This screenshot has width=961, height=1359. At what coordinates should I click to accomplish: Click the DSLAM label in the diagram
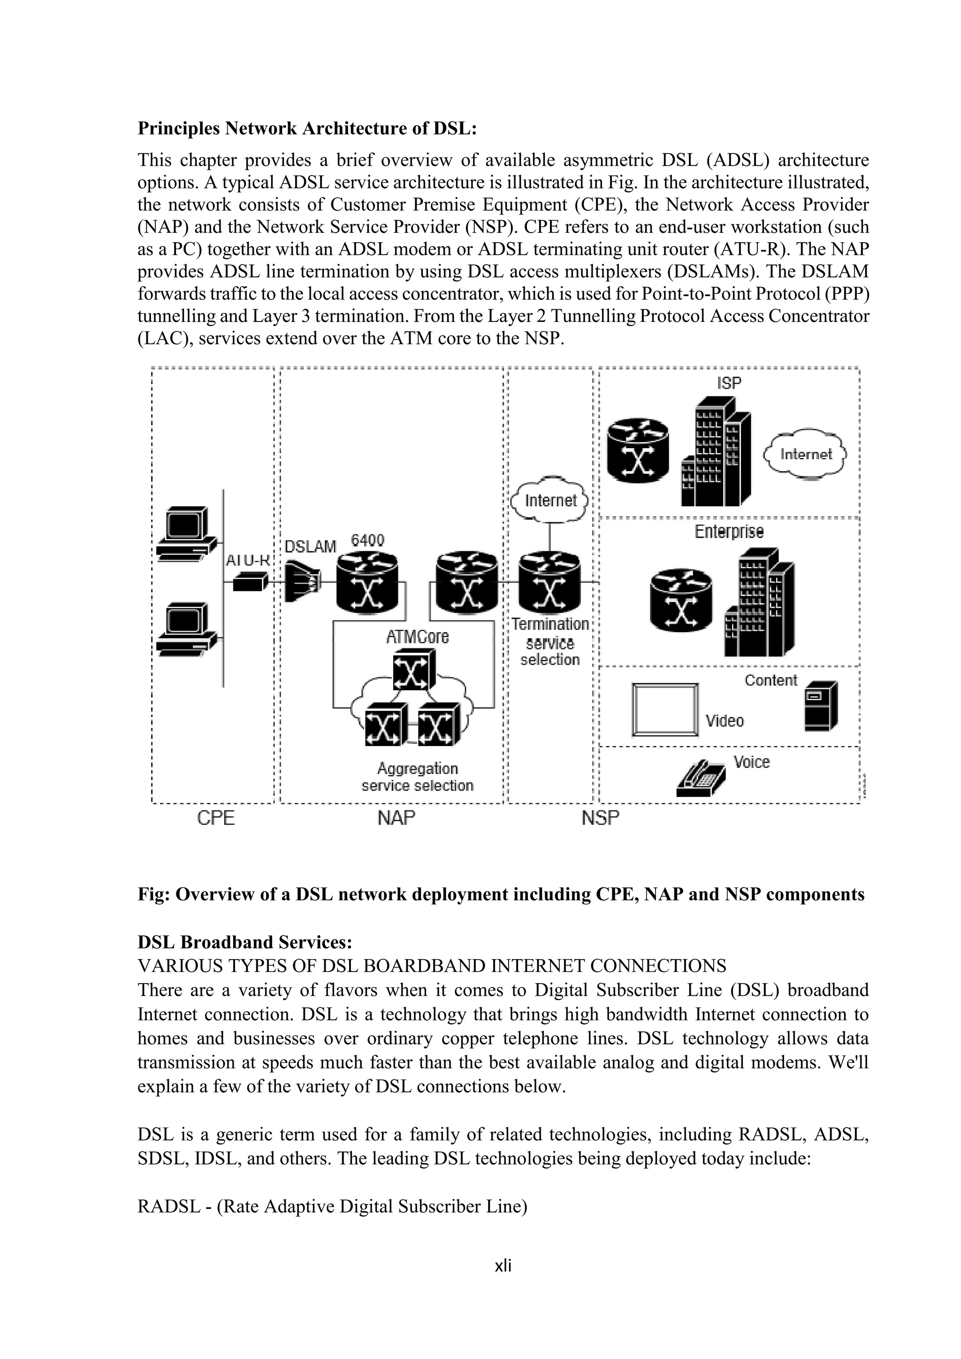310,546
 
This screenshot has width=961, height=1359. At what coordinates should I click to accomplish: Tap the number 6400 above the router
367,540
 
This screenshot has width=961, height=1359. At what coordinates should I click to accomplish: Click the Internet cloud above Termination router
550,500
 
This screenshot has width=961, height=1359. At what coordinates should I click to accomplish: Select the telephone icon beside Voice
701,779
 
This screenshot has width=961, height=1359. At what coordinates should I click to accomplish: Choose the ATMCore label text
417,637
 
